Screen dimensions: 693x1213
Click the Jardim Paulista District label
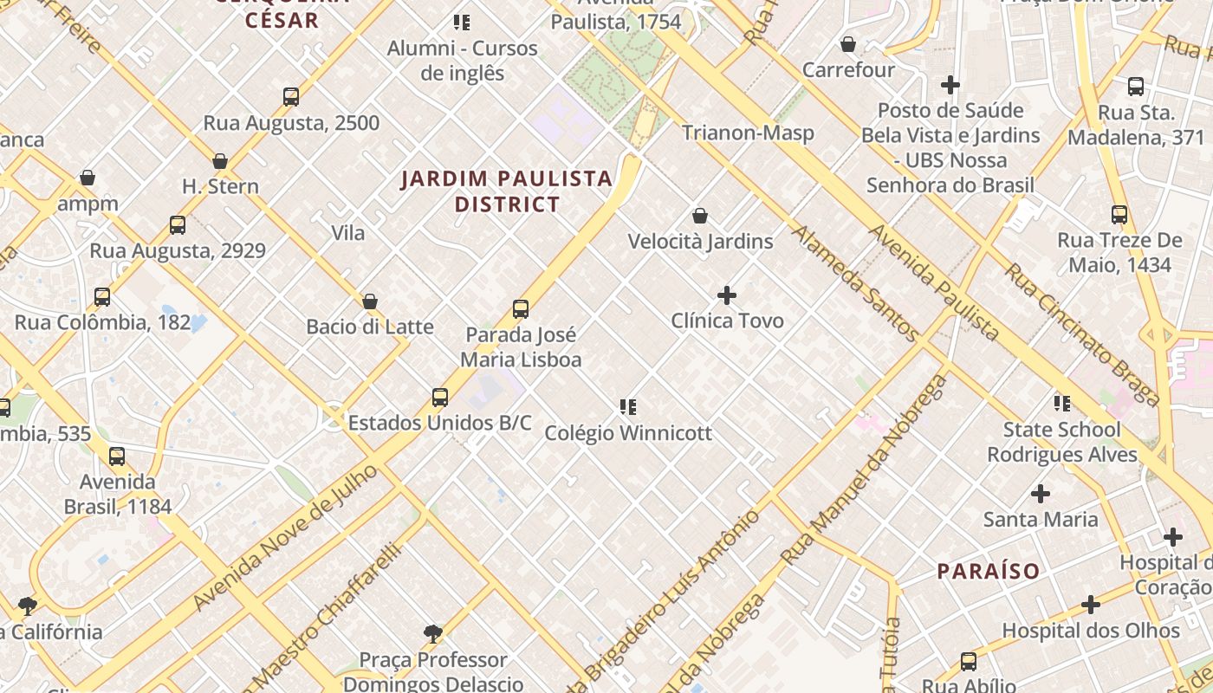pyautogui.click(x=507, y=191)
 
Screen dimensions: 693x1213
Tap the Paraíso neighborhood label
pyautogui.click(x=989, y=571)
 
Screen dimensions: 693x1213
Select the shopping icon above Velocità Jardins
pyautogui.click(x=700, y=216)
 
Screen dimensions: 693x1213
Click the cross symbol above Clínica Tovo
pyautogui.click(x=727, y=295)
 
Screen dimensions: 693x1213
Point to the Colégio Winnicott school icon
pyautogui.click(x=628, y=406)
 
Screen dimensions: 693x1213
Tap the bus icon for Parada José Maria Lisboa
pyautogui.click(x=521, y=309)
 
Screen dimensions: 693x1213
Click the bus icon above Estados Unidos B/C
pyautogui.click(x=440, y=398)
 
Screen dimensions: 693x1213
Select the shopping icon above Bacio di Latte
pyautogui.click(x=370, y=301)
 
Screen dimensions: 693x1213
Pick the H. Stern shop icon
pyautogui.click(x=220, y=161)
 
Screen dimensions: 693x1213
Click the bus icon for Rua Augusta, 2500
pyautogui.click(x=291, y=97)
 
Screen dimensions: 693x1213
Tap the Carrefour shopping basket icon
pyautogui.click(x=848, y=44)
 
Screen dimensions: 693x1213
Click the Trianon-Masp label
pyautogui.click(x=748, y=133)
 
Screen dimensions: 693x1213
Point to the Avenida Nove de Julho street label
pyautogui.click(x=286, y=538)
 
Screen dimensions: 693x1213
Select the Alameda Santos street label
pyautogui.click(x=854, y=283)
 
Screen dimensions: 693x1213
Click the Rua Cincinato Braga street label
pyautogui.click(x=1082, y=334)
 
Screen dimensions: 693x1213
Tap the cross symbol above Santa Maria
pyautogui.click(x=1041, y=494)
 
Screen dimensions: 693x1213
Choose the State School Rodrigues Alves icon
pyautogui.click(x=1061, y=404)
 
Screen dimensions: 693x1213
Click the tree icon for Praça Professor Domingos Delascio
pyautogui.click(x=433, y=634)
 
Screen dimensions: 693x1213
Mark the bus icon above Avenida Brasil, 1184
pyautogui.click(x=117, y=457)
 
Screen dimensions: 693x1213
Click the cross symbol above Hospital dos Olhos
pyautogui.click(x=1091, y=605)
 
